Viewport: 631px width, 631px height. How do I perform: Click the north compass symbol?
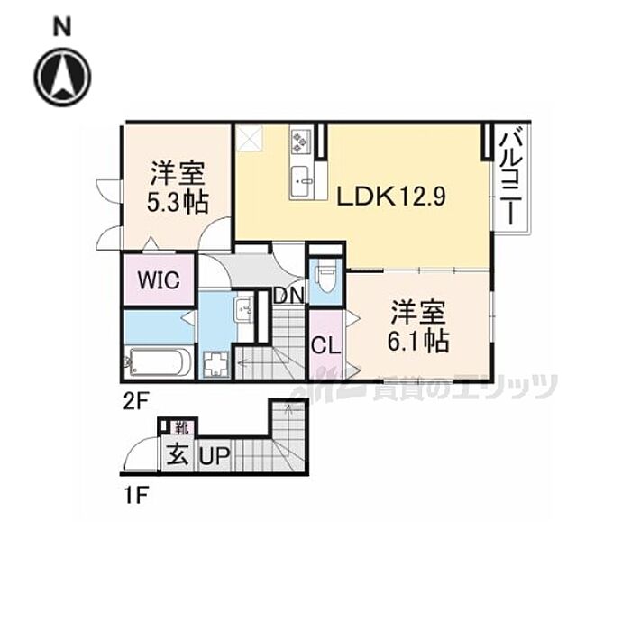tap(63, 76)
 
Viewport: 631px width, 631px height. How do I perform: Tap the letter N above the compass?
tap(62, 27)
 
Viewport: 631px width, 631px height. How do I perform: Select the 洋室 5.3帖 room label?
tap(178, 186)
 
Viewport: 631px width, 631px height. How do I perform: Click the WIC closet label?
tap(159, 279)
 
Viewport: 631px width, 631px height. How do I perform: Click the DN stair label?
tap(288, 294)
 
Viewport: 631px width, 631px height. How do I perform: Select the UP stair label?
tap(215, 456)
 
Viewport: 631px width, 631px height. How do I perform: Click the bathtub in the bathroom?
tap(160, 362)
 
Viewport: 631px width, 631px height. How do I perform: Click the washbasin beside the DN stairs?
tap(244, 312)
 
